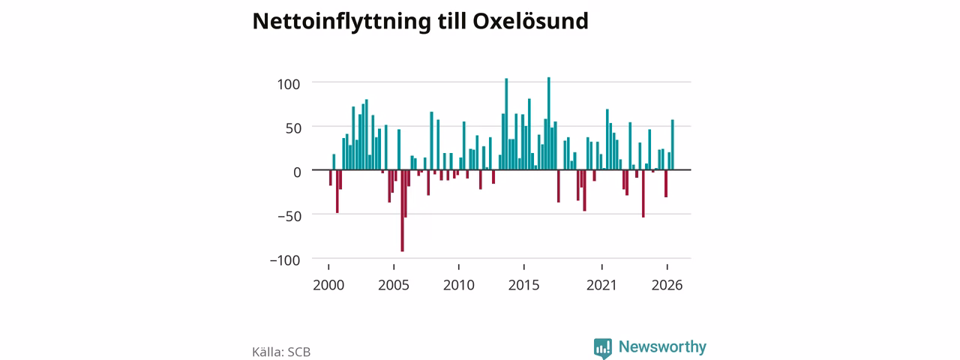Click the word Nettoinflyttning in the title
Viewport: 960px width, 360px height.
pyautogui.click(x=341, y=22)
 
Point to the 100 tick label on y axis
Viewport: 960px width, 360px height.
pyautogui.click(x=289, y=85)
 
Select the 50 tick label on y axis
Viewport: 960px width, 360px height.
pyautogui.click(x=293, y=128)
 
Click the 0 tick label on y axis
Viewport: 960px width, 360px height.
pyautogui.click(x=297, y=172)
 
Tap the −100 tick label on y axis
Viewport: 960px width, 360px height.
pyautogui.click(x=285, y=260)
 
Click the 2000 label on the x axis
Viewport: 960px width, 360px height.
pyautogui.click(x=328, y=286)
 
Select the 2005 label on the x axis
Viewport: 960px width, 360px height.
pyautogui.click(x=394, y=286)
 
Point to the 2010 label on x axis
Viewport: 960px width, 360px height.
pyautogui.click(x=458, y=286)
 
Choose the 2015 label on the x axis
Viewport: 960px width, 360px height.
pyautogui.click(x=523, y=286)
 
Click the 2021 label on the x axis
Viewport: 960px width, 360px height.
pyautogui.click(x=601, y=286)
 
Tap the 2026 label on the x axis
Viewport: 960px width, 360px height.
pyautogui.click(x=667, y=286)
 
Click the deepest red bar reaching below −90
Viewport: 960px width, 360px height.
pyautogui.click(x=403, y=211)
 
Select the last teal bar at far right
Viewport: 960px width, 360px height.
pyautogui.click(x=673, y=145)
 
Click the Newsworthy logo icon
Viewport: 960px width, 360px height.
pyautogui.click(x=603, y=348)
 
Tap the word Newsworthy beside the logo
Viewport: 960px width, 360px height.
pyautogui.click(x=662, y=346)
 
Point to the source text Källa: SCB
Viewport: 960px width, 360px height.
pyautogui.click(x=281, y=352)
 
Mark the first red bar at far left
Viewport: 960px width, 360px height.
pyautogui.click(x=331, y=178)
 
